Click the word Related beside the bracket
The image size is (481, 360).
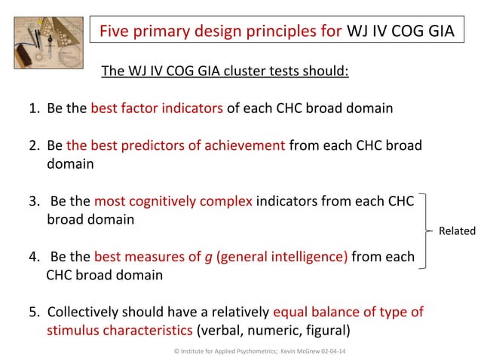457,230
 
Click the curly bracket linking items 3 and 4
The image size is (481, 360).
428,230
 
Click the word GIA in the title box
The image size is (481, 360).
438,32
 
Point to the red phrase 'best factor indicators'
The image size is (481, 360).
157,108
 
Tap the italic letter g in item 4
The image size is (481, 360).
207,258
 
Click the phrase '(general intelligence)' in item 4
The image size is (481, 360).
282,257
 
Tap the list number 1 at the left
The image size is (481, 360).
33,108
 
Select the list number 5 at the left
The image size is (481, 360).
33,312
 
